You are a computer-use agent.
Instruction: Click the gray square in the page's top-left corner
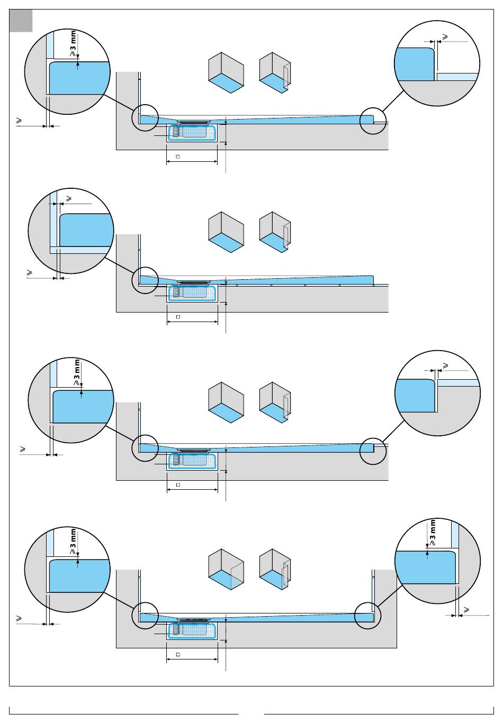coord(21,21)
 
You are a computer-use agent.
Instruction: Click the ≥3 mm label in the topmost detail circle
coord(74,43)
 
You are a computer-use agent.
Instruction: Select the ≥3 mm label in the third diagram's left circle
coord(77,372)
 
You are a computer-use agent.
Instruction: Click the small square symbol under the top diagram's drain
coord(178,157)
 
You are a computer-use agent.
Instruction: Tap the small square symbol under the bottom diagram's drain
coord(178,655)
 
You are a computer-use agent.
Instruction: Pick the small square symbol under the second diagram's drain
coord(178,317)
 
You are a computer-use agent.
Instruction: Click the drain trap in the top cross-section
coord(192,132)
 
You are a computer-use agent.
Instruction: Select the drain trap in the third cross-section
coord(192,461)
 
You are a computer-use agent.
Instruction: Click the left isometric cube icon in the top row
coord(226,73)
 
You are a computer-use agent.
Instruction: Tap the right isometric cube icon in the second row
coord(275,232)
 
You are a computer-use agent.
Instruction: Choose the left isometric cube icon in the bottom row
coord(226,569)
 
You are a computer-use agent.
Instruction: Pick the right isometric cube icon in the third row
coord(275,402)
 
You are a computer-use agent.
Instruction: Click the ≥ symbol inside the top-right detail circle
coord(445,37)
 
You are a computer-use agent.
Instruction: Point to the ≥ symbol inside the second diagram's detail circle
coord(69,199)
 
